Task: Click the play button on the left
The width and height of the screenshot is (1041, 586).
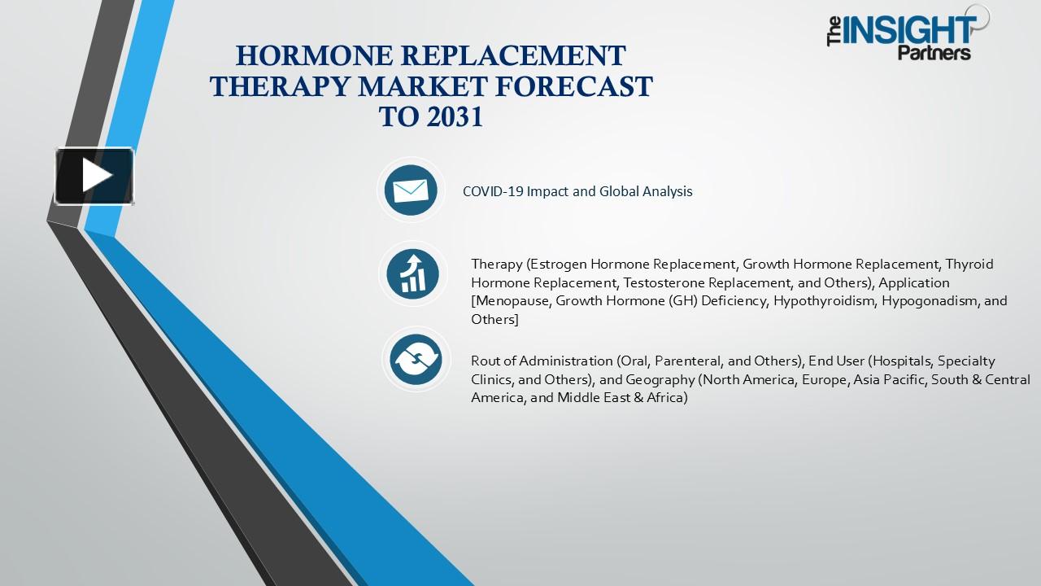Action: coord(94,176)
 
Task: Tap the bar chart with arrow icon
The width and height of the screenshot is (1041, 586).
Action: coord(413,273)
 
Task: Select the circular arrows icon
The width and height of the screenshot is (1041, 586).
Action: coord(415,359)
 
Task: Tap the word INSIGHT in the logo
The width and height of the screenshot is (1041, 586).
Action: coord(909,30)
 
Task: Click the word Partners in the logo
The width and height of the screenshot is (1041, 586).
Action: coord(934,54)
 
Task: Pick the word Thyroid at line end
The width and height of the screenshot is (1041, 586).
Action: coord(969,264)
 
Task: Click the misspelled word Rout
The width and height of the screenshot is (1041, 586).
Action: coord(486,361)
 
